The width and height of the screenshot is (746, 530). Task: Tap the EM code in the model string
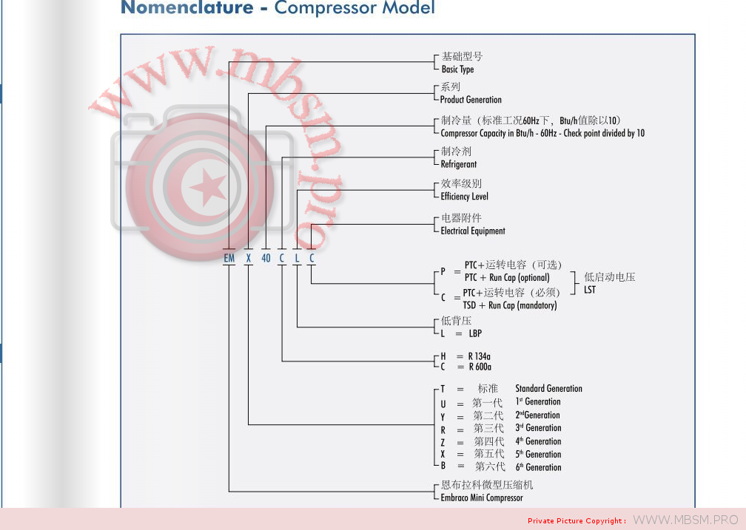click(229, 258)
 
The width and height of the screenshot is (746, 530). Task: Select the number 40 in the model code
click(266, 258)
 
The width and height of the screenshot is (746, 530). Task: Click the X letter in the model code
click(249, 258)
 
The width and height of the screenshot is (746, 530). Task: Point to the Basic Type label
click(457, 69)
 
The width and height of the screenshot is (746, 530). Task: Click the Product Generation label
click(471, 100)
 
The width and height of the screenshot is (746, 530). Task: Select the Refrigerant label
click(459, 164)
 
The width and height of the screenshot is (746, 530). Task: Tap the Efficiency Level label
click(464, 197)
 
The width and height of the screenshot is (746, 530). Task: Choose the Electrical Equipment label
click(472, 231)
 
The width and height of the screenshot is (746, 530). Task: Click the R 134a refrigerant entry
click(479, 356)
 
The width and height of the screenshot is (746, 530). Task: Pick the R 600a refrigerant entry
click(479, 367)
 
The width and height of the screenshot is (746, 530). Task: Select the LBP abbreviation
click(475, 333)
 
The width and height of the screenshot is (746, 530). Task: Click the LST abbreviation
click(590, 290)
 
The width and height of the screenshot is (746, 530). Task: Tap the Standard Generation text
click(548, 388)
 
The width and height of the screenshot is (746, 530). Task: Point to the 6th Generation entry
click(538, 467)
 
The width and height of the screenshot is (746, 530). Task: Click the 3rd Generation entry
click(538, 428)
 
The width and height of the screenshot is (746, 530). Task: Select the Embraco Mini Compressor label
click(481, 497)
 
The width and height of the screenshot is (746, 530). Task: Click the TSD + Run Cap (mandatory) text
click(510, 305)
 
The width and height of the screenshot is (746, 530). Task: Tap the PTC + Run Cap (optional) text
click(507, 278)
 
